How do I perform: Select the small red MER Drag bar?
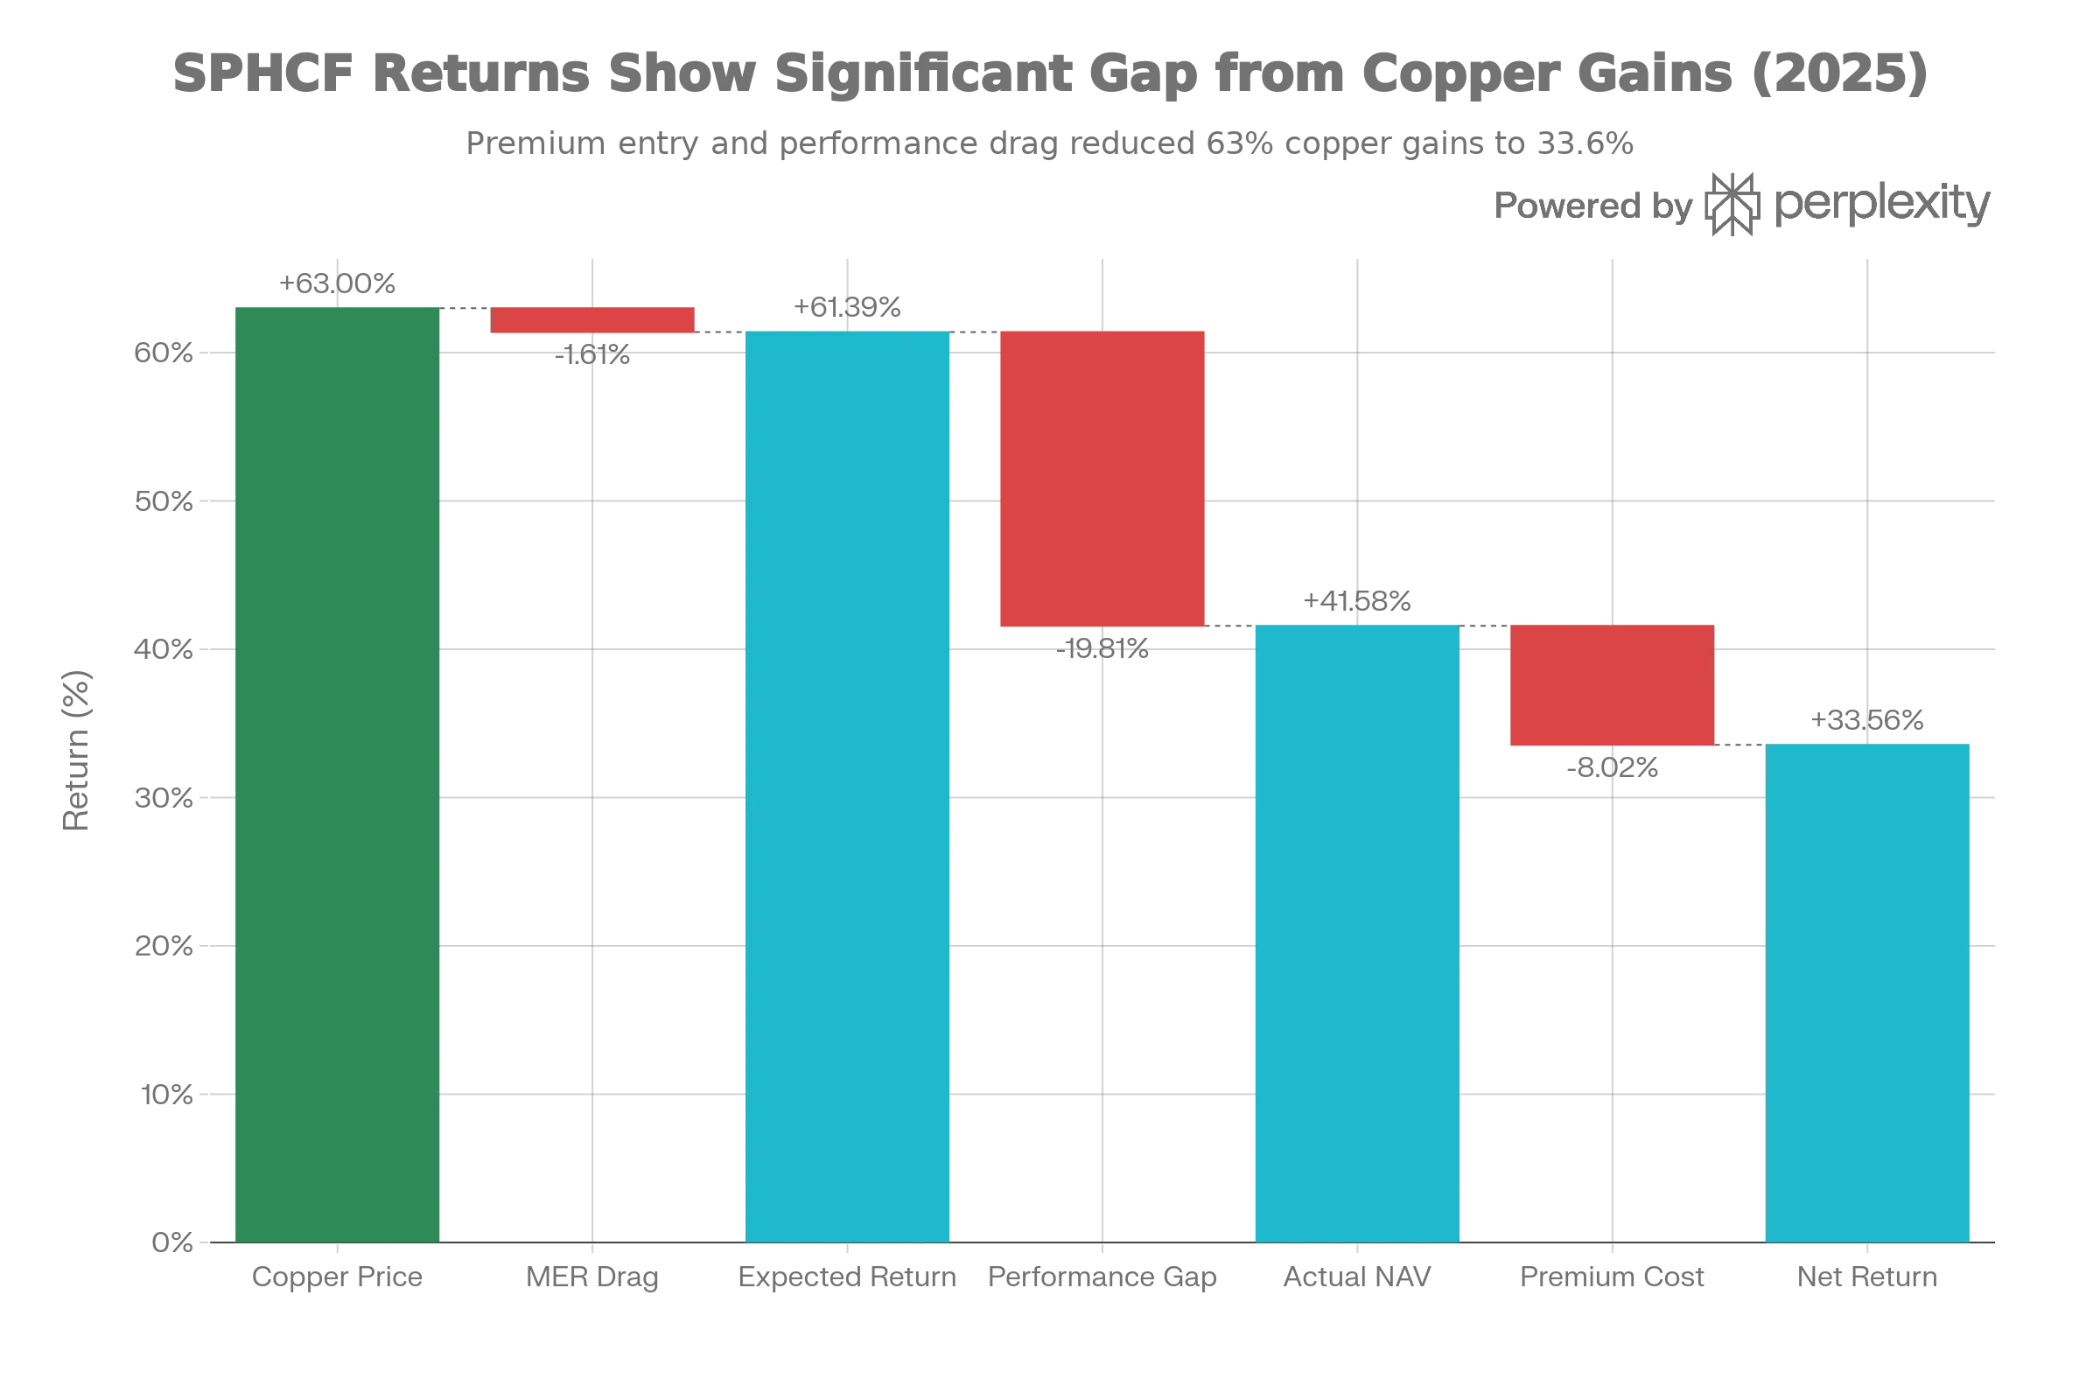coord(593,320)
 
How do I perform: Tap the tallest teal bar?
coord(846,786)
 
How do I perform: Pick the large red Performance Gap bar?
coord(1102,479)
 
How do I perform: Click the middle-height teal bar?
coord(1357,932)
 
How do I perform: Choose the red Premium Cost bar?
coord(1611,686)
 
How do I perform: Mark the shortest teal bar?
coord(1868,991)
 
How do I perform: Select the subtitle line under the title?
coord(1050,143)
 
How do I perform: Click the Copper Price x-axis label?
coord(338,1277)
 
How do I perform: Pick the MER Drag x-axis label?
coord(591,1277)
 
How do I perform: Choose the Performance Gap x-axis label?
coord(1102,1277)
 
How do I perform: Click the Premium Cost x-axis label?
coord(1613,1277)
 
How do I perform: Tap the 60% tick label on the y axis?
coord(163,353)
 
